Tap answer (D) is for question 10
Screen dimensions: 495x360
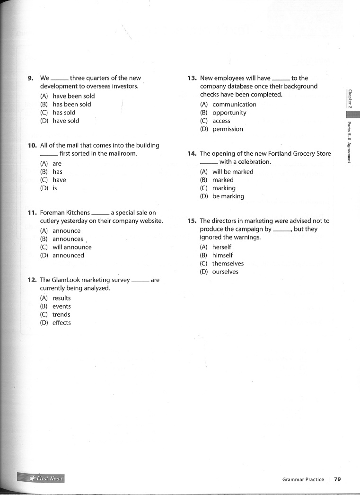tap(54, 188)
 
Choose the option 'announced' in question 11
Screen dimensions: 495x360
tap(68, 255)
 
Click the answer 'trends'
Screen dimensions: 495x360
tap(61, 314)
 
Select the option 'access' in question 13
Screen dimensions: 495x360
tap(221, 121)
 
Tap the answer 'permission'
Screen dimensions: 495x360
tap(228, 129)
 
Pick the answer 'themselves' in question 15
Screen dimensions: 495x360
tap(228, 264)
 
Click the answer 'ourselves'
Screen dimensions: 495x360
tap(225, 272)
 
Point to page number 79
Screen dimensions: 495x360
tap(337, 479)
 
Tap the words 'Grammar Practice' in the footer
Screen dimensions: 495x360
tap(303, 479)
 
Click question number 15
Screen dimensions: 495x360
tap(192, 221)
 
